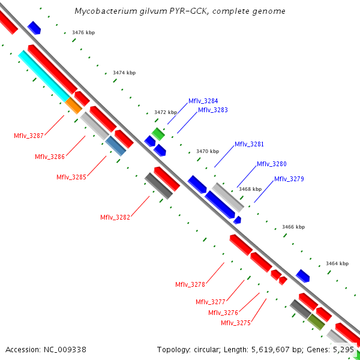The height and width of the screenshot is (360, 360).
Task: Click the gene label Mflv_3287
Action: (29, 136)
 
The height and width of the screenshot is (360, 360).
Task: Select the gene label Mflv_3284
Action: (203, 101)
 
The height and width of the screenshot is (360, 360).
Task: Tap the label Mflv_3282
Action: (115, 217)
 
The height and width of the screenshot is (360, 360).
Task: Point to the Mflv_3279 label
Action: (289, 179)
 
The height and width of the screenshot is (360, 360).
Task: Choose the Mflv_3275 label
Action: (236, 323)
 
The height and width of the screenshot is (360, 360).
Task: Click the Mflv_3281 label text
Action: (249, 144)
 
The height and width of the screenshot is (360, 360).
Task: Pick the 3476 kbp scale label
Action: (83, 32)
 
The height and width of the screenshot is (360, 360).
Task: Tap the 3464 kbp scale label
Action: (337, 263)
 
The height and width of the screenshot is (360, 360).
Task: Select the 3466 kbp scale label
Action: (293, 227)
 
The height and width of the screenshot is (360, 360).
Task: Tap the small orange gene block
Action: (74, 106)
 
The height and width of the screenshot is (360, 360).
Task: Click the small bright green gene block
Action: (158, 133)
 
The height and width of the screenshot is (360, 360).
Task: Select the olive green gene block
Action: (316, 322)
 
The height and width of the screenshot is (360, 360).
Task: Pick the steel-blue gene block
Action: (116, 146)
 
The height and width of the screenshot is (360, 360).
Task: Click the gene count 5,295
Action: (343, 349)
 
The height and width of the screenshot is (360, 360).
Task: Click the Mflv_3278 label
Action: (190, 284)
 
